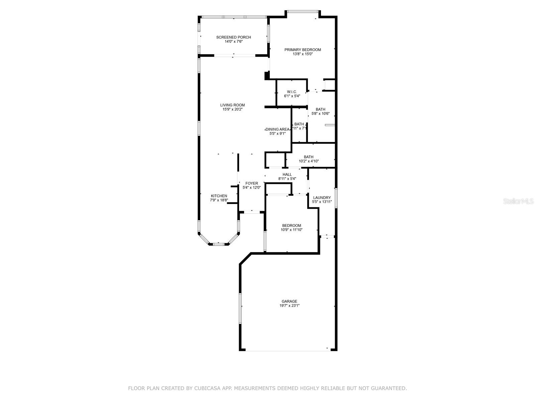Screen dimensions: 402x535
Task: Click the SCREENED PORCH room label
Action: (233, 37)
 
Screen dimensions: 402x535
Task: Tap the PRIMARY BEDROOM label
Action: (303, 50)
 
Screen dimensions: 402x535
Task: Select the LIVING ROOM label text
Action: (232, 105)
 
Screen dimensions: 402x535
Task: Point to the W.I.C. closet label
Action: (292, 92)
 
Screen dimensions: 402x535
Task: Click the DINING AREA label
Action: (278, 129)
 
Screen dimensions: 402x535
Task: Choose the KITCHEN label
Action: (219, 196)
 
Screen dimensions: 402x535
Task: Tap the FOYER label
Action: (252, 183)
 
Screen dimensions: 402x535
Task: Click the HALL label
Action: (287, 175)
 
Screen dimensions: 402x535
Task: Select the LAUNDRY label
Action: (322, 198)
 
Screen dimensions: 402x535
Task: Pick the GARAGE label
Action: (289, 301)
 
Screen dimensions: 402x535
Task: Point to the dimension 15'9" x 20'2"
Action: (232, 110)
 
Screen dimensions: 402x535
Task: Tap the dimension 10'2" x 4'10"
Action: (309, 161)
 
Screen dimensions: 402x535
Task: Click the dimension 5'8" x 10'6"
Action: (320, 114)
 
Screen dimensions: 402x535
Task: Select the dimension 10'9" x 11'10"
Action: (292, 230)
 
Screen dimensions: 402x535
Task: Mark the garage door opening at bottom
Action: (288, 351)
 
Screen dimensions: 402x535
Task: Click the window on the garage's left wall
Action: (240, 308)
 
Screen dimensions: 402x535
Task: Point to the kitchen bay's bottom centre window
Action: (219, 244)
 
